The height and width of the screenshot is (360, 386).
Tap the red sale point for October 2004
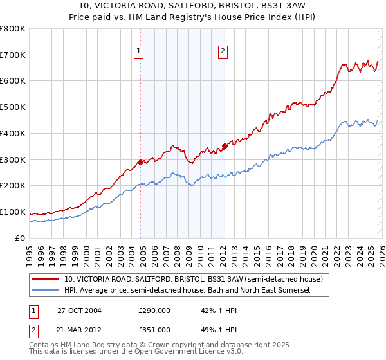point(140,162)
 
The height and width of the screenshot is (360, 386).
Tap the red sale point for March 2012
point(225,146)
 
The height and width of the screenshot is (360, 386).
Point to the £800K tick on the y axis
point(13,29)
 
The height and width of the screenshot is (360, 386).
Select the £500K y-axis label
point(13,107)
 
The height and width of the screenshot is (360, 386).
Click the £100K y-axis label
point(13,212)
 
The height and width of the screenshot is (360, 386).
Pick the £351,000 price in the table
point(154,329)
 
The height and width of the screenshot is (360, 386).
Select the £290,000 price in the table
point(154,310)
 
